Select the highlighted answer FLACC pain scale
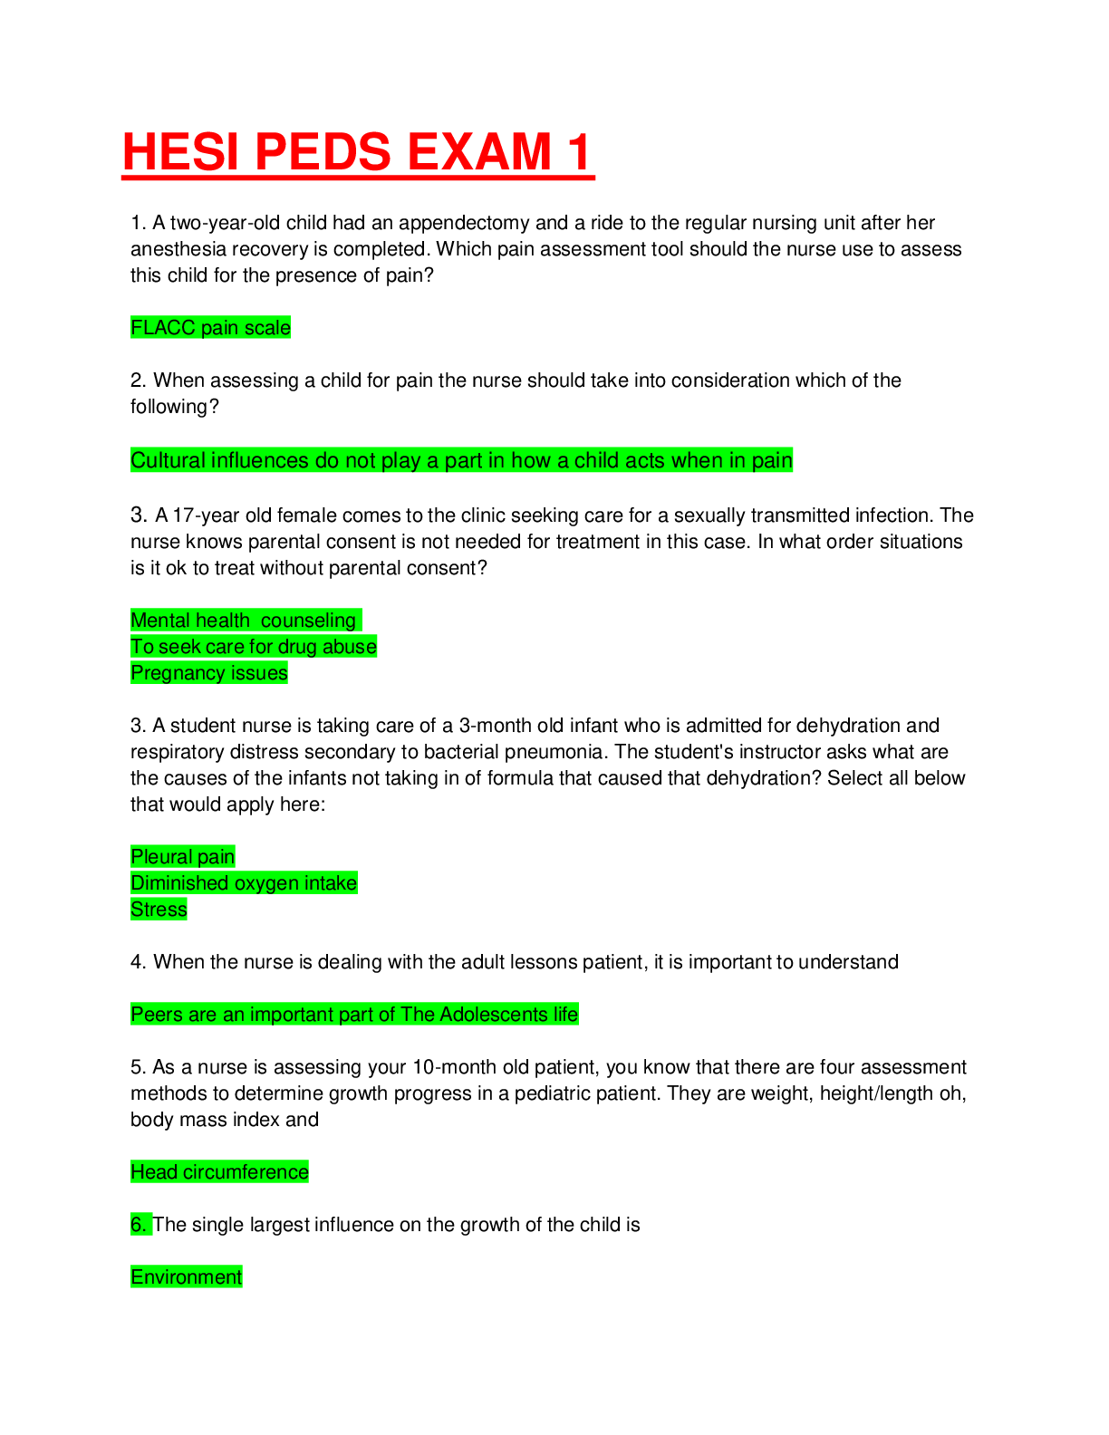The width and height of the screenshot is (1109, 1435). coord(211,328)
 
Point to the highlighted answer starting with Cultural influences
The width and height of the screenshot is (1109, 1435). coord(462,460)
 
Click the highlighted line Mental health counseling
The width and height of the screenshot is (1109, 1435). coord(246,620)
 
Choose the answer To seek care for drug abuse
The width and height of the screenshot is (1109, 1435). coord(254,646)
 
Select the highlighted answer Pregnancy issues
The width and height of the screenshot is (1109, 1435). coord(209,672)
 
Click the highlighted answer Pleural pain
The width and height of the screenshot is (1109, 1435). coord(183,856)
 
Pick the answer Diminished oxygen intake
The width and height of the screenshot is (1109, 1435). coord(245,882)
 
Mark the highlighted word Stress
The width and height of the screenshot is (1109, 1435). coord(159,909)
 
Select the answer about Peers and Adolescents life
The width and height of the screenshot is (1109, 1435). coord(354,1014)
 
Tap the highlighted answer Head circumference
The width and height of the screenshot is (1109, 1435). coord(220,1171)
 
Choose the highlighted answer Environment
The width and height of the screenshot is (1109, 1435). coord(187,1276)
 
